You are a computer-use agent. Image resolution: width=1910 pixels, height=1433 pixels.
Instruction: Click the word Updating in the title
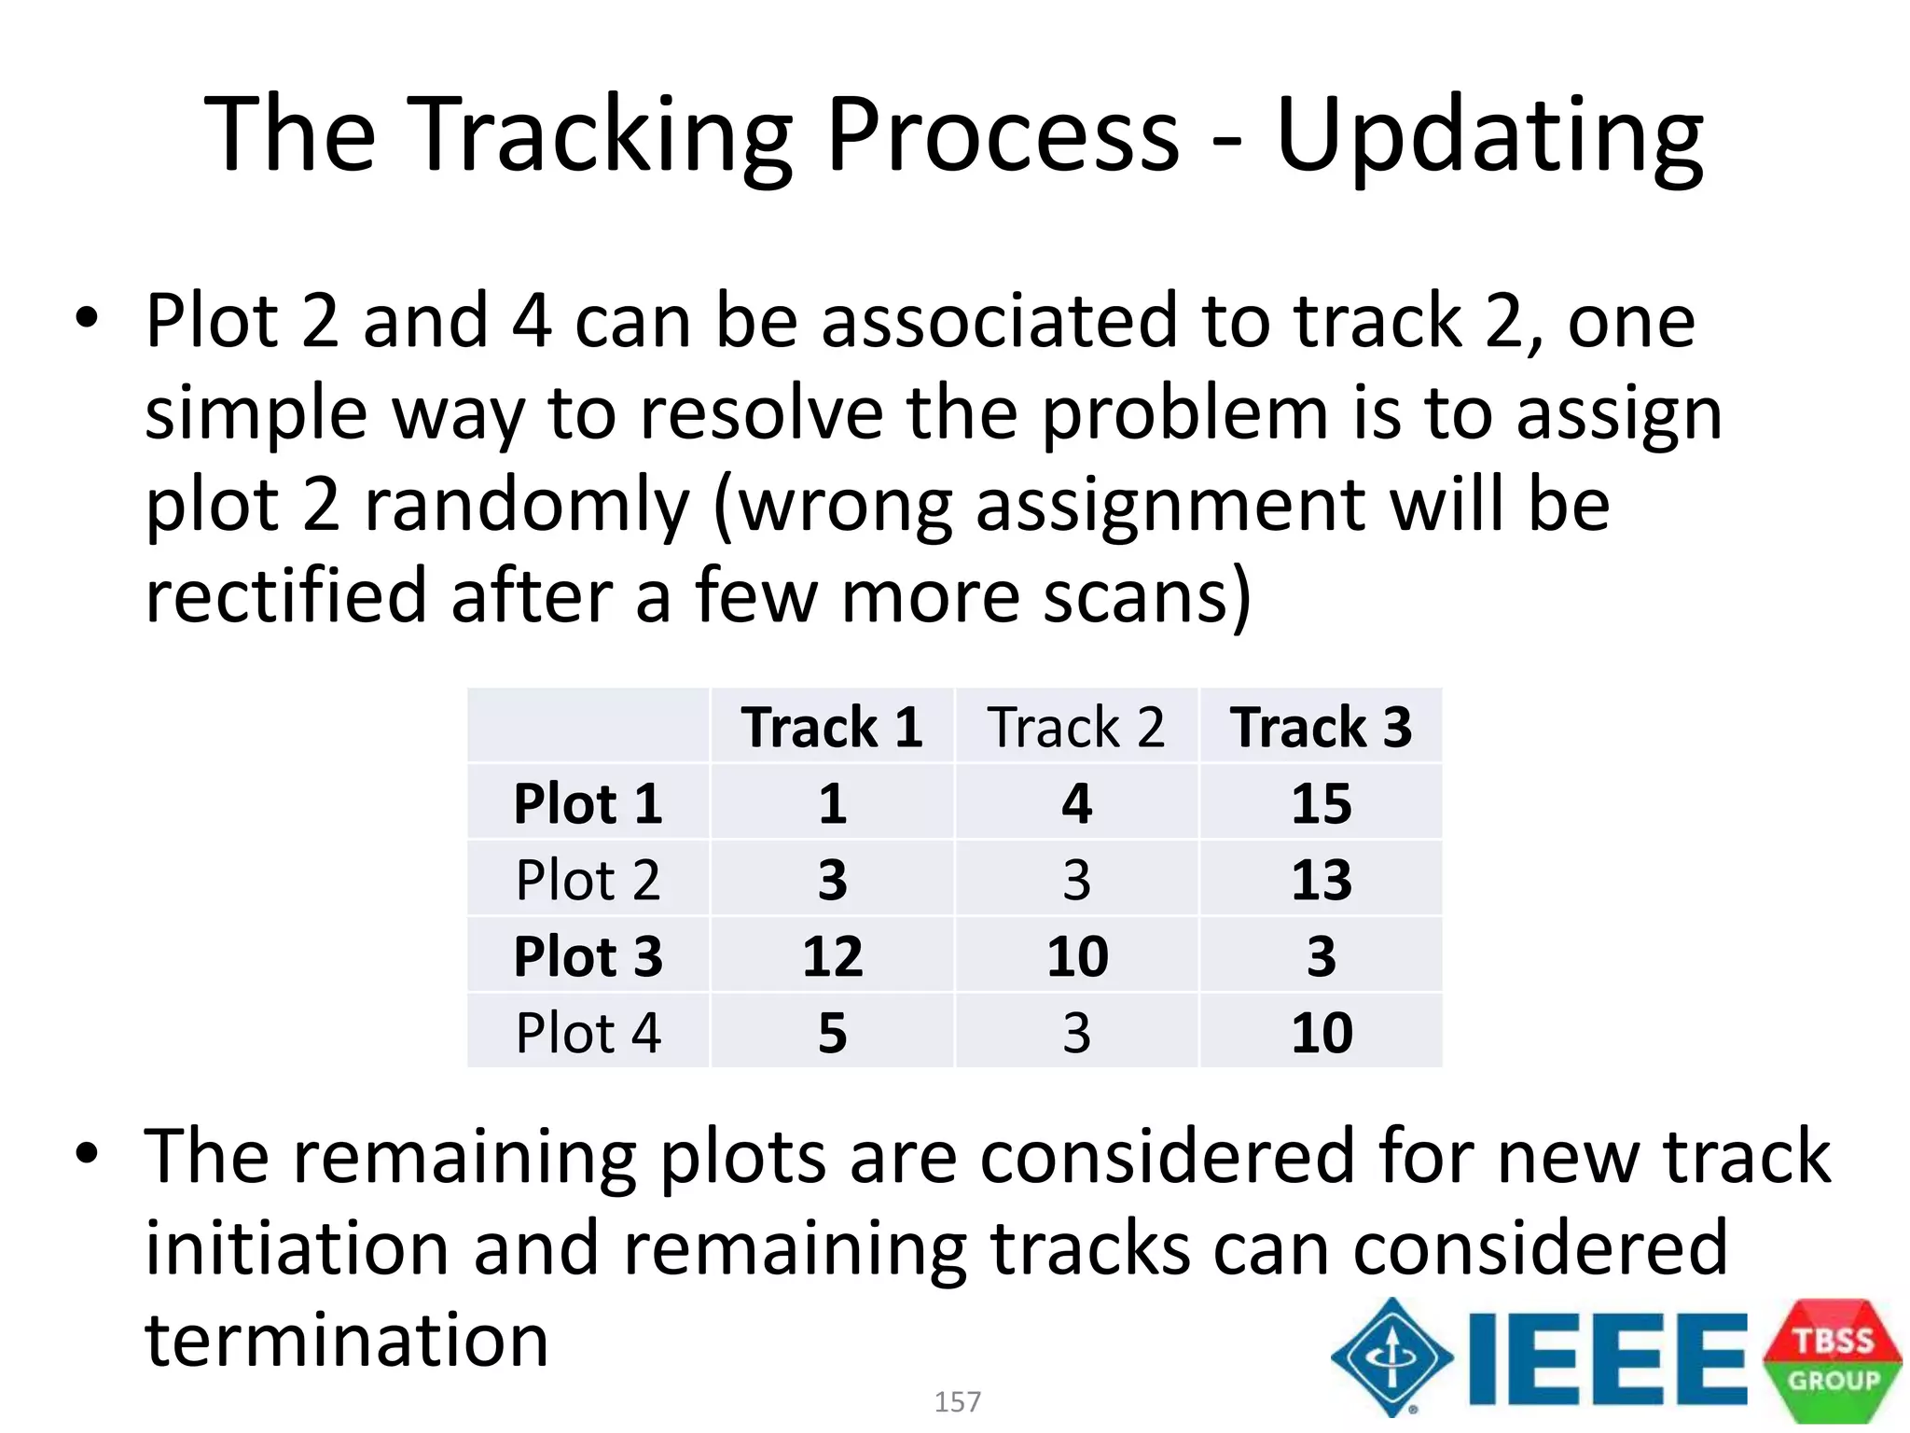(x=1489, y=137)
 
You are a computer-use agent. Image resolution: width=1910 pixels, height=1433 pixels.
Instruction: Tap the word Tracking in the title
(x=601, y=137)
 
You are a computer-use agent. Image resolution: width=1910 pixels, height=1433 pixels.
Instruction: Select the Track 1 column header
(x=832, y=727)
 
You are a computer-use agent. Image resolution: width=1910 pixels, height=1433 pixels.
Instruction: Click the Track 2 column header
(x=1076, y=727)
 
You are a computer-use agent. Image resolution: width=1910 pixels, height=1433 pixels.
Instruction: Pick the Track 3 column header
(x=1321, y=727)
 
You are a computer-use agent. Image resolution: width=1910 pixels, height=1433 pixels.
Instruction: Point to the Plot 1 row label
(x=588, y=803)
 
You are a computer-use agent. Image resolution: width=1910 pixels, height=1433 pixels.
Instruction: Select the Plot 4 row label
(x=588, y=1033)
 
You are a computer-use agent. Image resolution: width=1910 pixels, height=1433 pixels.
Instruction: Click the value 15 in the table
(x=1321, y=803)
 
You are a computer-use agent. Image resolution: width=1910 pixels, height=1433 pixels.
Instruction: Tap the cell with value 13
(x=1321, y=880)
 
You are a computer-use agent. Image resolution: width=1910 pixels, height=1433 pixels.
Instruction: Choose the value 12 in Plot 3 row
(x=832, y=956)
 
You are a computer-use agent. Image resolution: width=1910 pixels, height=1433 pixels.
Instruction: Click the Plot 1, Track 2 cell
(x=1076, y=803)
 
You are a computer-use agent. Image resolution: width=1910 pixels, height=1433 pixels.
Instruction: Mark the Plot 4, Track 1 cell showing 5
(x=832, y=1033)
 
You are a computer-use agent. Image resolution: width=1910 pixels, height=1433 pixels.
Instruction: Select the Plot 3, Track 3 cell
(x=1321, y=956)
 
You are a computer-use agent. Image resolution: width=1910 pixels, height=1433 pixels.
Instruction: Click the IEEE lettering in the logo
(x=1606, y=1358)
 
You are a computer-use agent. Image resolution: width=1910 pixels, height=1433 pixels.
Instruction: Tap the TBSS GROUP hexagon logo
(x=1833, y=1360)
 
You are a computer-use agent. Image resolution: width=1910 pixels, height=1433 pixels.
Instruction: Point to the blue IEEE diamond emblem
(x=1391, y=1357)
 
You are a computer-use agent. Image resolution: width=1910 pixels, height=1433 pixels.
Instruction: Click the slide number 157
(x=957, y=1401)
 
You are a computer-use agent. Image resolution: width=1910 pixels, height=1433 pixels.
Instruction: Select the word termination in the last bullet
(x=347, y=1340)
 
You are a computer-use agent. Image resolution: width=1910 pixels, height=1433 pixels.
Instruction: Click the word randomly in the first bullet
(x=527, y=505)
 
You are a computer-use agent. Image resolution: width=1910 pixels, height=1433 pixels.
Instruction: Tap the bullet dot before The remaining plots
(x=87, y=1155)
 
